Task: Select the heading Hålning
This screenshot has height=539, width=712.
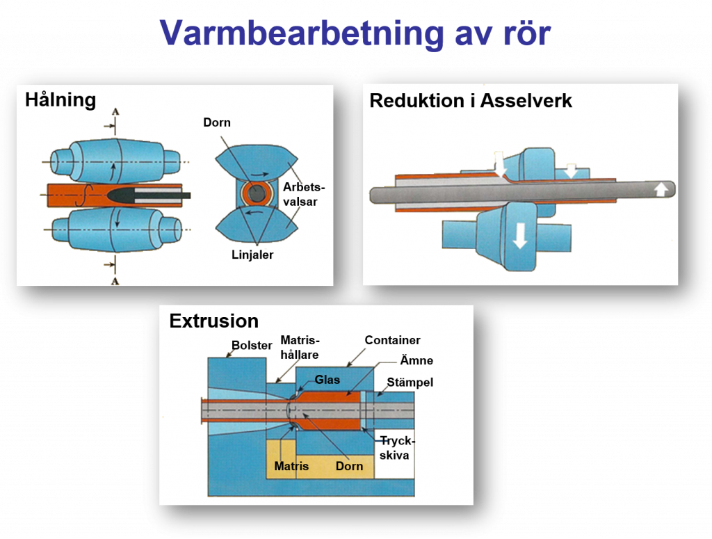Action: pos(60,100)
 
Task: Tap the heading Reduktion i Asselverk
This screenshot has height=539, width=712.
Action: pos(470,101)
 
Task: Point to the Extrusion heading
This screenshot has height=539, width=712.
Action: pos(213,321)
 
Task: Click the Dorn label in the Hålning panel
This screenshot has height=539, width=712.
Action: pos(216,123)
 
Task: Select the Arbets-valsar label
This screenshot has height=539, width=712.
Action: pos(304,194)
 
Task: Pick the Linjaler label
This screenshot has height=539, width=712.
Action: pos(252,255)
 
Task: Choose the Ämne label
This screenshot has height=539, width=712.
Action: pos(416,360)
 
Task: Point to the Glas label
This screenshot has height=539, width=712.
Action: pos(327,380)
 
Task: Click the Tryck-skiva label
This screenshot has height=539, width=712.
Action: pos(396,448)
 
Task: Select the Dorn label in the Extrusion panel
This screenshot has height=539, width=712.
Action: pos(349,466)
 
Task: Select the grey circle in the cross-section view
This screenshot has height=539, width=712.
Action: pos(257,195)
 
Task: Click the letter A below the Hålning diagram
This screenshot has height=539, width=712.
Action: pos(115,280)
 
